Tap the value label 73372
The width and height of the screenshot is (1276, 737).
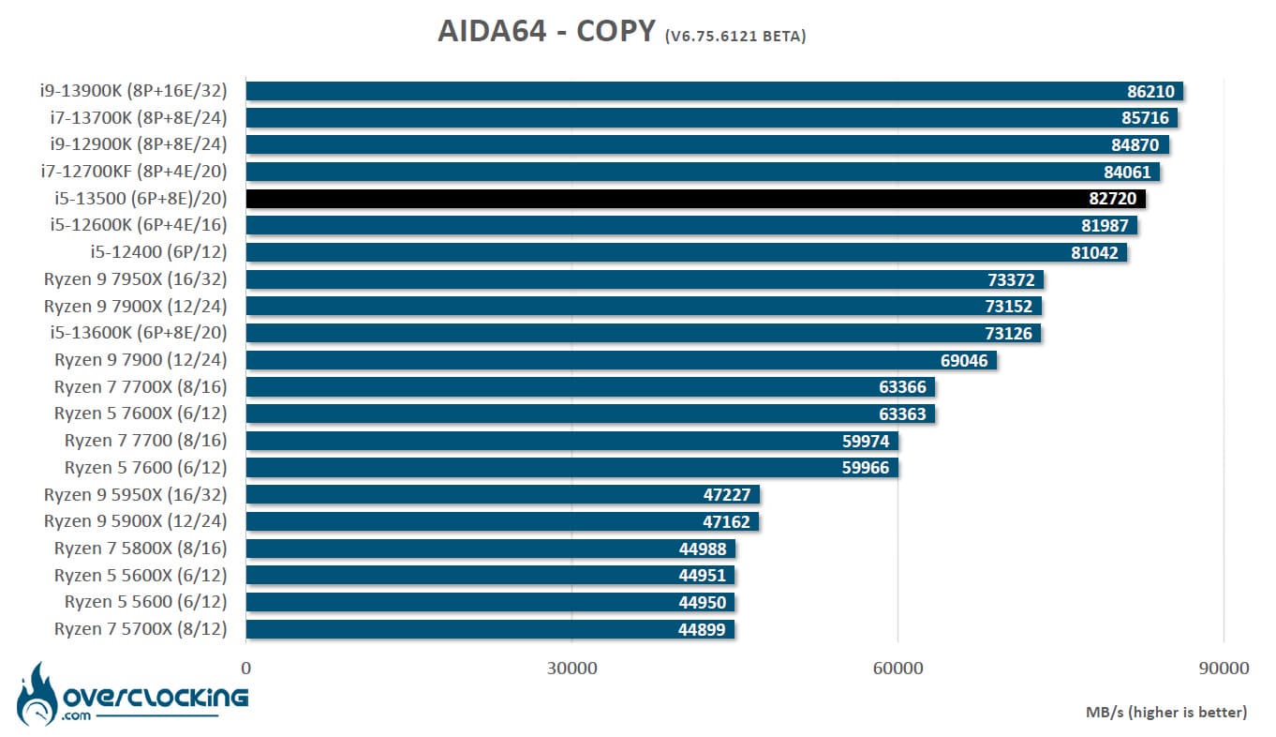1011,279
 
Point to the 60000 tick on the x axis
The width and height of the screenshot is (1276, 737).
898,669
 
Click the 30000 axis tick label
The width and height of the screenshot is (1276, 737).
571,669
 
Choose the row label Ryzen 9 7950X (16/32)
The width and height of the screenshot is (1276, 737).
136,279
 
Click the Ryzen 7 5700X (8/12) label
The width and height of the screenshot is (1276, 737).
141,629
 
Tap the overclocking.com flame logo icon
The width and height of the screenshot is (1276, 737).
38,694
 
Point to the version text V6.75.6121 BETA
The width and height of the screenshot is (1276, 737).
735,37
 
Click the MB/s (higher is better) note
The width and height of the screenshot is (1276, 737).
1166,713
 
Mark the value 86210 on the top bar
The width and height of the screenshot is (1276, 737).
1150,91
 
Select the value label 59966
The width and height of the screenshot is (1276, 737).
866,468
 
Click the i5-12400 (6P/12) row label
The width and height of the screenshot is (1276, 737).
158,252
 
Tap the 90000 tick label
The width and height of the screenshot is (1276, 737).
1224,669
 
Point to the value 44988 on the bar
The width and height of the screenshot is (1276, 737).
702,549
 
